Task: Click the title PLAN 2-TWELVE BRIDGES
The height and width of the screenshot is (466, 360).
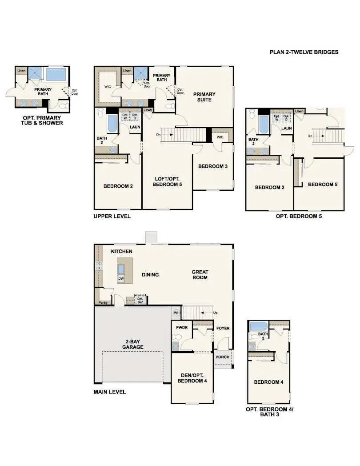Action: (x=304, y=52)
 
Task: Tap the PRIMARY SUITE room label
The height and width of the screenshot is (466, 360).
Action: (x=204, y=97)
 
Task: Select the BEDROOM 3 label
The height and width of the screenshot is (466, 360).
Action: (x=212, y=166)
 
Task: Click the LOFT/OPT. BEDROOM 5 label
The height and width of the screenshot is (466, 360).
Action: (x=167, y=181)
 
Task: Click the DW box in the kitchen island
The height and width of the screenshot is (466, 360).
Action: (x=121, y=279)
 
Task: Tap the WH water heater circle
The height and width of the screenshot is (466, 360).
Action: (x=176, y=313)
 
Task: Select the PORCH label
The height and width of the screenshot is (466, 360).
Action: (x=222, y=357)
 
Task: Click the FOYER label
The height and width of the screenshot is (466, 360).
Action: (x=223, y=329)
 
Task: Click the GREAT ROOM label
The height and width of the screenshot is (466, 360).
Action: (x=200, y=275)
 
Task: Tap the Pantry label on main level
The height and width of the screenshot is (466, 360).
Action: (x=103, y=303)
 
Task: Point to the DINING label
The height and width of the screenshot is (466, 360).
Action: (x=150, y=275)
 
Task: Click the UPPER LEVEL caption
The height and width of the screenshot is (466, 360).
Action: (x=112, y=217)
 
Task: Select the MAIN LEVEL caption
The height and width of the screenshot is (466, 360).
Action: (x=110, y=392)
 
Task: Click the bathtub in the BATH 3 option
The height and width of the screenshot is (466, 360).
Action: (x=259, y=326)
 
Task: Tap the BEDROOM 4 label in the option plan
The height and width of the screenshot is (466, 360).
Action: (x=268, y=382)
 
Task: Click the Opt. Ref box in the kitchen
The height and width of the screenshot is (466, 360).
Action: (x=140, y=300)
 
